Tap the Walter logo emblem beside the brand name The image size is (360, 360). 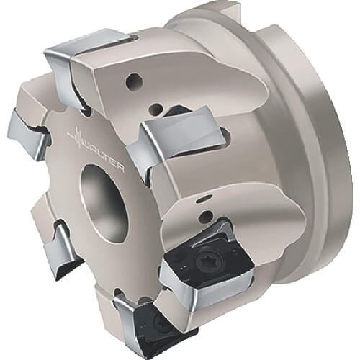[77, 136]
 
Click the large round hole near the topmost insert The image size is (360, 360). [135, 81]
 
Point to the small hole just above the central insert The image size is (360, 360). [155, 109]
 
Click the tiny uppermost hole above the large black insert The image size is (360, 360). [202, 199]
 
